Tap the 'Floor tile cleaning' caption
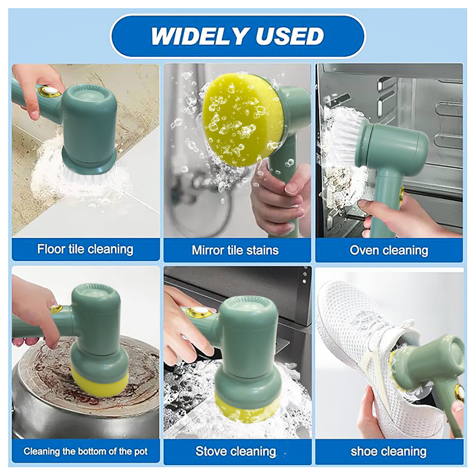click(x=85, y=249)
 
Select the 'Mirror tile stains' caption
click(x=235, y=250)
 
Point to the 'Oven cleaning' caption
click(x=389, y=250)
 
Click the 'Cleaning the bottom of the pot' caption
click(x=85, y=451)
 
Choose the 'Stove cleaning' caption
click(x=236, y=451)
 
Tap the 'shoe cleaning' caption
click(x=389, y=451)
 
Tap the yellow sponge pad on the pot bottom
click(x=99, y=382)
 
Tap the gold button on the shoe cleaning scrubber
click(x=460, y=393)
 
